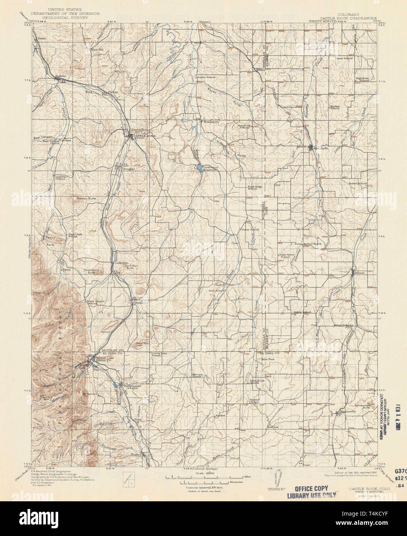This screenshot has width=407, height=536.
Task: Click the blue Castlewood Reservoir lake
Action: (x=198, y=168)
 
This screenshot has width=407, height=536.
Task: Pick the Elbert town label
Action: (x=360, y=273)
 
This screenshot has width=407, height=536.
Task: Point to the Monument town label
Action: (x=131, y=386)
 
